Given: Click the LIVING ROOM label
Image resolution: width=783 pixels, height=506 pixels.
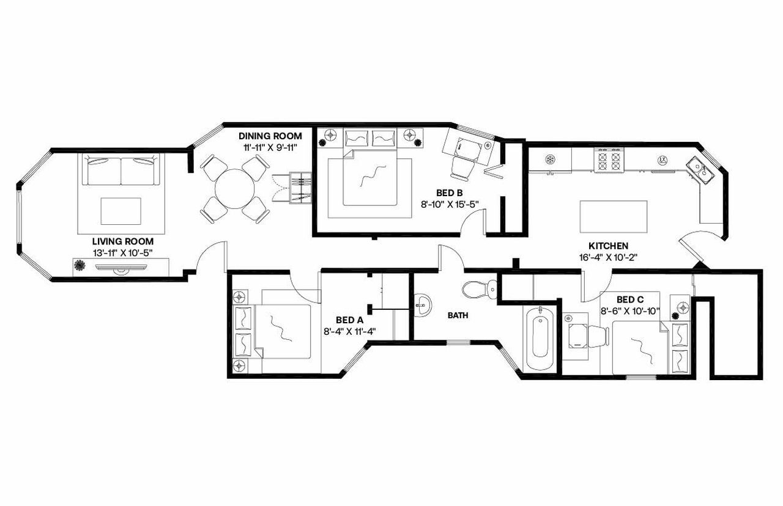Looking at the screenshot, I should [x=114, y=241].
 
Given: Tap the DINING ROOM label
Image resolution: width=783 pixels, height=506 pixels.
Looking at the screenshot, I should [x=270, y=135].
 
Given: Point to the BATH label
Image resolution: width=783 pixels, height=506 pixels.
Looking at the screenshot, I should [x=458, y=316].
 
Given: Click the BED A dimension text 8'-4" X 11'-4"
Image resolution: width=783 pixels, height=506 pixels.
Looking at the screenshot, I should [x=349, y=331].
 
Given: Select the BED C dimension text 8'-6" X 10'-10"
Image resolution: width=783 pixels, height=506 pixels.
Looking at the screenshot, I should [x=629, y=310].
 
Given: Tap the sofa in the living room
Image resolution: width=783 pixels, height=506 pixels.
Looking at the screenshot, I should [x=120, y=171].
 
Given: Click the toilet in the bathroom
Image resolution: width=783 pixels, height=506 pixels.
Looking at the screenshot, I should [x=478, y=289].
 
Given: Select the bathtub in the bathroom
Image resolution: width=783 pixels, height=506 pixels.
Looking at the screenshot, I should [x=540, y=337].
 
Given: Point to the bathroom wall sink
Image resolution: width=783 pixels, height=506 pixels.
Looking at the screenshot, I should [x=422, y=304].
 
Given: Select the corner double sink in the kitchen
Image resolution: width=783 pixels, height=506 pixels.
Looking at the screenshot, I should [x=700, y=170].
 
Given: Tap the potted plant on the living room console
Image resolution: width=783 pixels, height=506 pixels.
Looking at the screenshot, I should [x=80, y=265].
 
